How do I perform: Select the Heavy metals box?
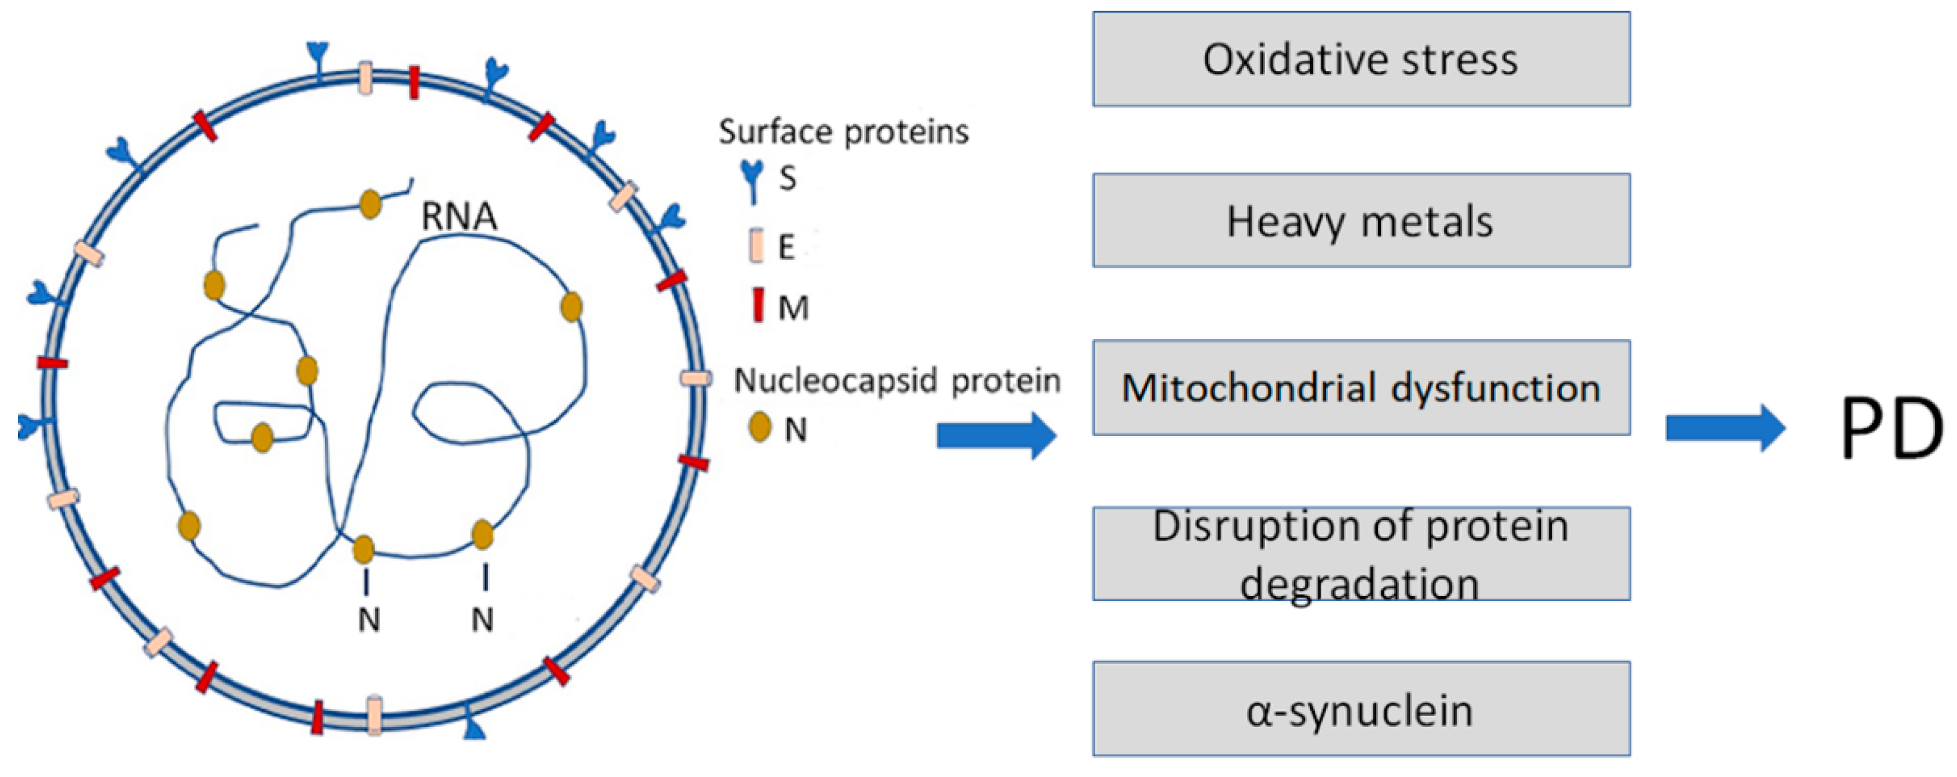pyautogui.click(x=1361, y=220)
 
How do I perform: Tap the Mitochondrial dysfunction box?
pyautogui.click(x=1361, y=387)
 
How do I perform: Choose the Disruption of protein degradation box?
pyautogui.click(x=1361, y=554)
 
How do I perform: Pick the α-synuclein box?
pyautogui.click(x=1361, y=709)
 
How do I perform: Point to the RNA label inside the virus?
pyautogui.click(x=459, y=217)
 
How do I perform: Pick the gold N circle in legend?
pyautogui.click(x=759, y=427)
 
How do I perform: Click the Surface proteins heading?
pyautogui.click(x=843, y=132)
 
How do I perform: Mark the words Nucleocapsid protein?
pyautogui.click(x=896, y=380)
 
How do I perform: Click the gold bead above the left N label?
pyautogui.click(x=364, y=549)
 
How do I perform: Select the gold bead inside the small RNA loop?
pyautogui.click(x=262, y=438)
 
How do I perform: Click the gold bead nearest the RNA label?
pyautogui.click(x=370, y=204)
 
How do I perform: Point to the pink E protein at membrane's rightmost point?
pyautogui.click(x=695, y=378)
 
